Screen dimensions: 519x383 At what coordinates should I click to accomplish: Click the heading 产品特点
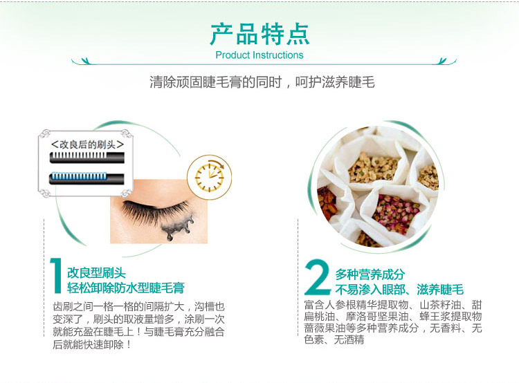tap(259, 34)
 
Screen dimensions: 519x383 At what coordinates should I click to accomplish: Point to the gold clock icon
tap(209, 177)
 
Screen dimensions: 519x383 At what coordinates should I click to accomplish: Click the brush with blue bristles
tap(86, 178)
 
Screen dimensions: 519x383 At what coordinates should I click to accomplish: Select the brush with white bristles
tap(86, 158)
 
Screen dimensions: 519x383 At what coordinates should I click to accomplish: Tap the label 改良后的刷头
tap(87, 144)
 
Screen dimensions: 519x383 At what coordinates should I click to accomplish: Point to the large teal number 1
tap(56, 276)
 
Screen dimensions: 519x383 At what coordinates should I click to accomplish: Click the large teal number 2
tap(317, 277)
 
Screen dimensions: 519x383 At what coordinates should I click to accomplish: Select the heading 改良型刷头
tap(96, 273)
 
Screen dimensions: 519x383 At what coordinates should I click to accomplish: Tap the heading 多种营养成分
tap(370, 274)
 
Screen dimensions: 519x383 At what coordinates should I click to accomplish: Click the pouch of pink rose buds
tap(396, 214)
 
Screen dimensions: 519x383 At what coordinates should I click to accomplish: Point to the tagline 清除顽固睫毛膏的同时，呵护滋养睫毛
tap(262, 82)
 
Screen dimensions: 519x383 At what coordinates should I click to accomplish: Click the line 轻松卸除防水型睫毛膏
tap(126, 288)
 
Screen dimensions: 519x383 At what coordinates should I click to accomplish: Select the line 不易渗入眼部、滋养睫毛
tap(399, 290)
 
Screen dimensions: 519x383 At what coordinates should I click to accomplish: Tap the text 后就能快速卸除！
tap(91, 344)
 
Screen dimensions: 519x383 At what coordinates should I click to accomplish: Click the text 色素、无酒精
tap(334, 339)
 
